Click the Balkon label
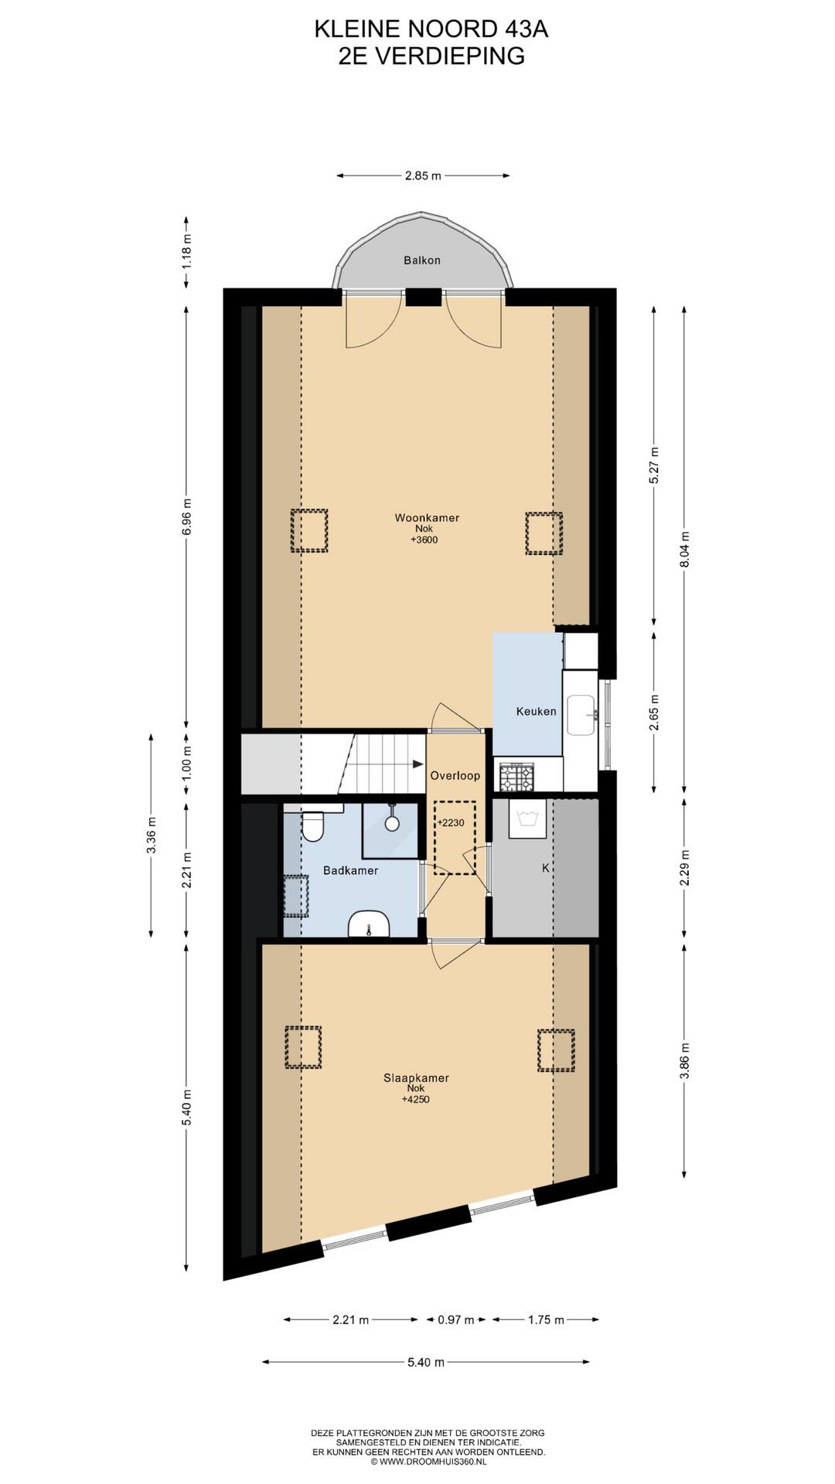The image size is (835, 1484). (x=421, y=260)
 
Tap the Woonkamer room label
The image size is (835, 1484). (x=427, y=518)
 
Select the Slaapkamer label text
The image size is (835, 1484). (x=416, y=1077)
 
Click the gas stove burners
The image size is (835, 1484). (x=516, y=776)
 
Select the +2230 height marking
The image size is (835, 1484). (x=451, y=822)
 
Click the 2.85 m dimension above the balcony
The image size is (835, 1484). (x=423, y=175)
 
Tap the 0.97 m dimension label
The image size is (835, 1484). (x=455, y=1319)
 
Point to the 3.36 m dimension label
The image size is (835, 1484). (x=152, y=835)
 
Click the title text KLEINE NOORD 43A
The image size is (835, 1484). (x=431, y=29)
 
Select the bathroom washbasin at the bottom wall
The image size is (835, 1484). (x=369, y=924)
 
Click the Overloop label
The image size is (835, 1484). (x=455, y=775)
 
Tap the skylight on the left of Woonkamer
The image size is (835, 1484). (x=309, y=530)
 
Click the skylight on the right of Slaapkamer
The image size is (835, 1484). (x=556, y=1050)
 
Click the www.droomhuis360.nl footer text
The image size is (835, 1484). (x=428, y=1462)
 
